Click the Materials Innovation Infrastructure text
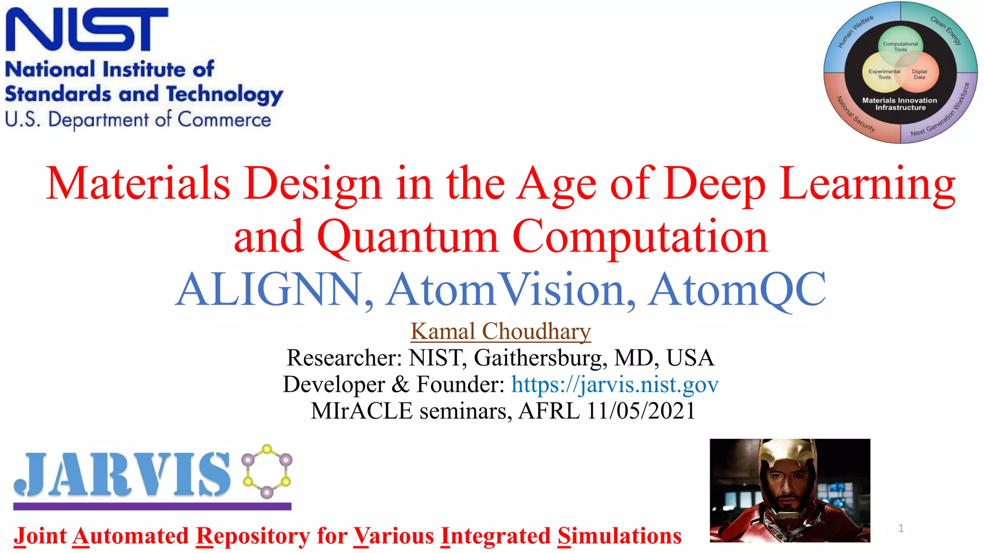[x=899, y=104]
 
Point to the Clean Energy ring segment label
[x=946, y=30]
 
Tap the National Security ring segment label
[x=856, y=114]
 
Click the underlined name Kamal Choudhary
[x=501, y=331]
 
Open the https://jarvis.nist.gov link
[x=615, y=385]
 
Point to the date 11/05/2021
[x=641, y=411]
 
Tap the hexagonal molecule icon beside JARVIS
[x=267, y=471]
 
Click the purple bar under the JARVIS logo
[x=152, y=506]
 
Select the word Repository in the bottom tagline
[x=253, y=536]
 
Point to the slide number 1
[x=901, y=529]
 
